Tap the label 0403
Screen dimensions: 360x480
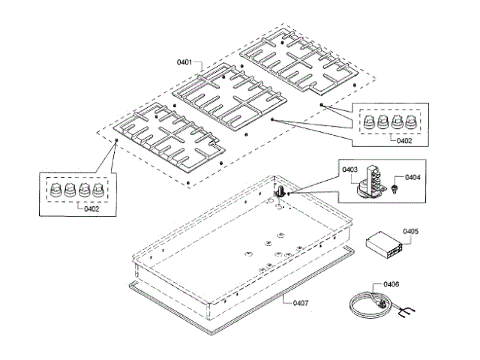349,170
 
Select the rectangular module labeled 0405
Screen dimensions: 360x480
382,244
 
